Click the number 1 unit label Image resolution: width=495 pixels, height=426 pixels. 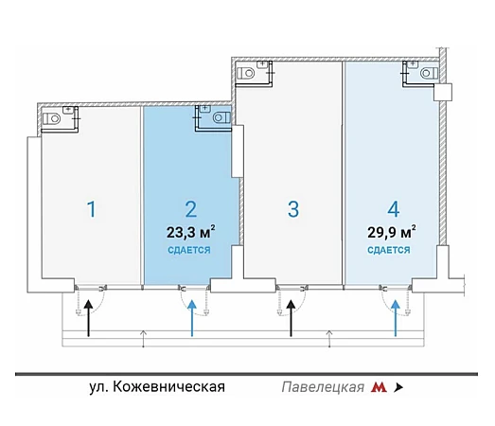click(92, 209)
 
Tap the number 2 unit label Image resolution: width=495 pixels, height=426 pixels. click(191, 209)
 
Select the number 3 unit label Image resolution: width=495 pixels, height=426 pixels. click(293, 209)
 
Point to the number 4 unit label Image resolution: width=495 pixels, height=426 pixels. click(394, 209)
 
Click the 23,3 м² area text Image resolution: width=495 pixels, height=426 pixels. click(191, 232)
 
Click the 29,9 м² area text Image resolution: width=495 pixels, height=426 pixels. click(392, 232)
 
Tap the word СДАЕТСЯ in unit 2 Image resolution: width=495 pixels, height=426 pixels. click(188, 250)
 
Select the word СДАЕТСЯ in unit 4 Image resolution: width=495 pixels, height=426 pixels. click(389, 250)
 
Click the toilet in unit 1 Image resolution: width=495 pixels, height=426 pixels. click(51, 118)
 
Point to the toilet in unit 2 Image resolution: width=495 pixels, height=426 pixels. click(221, 117)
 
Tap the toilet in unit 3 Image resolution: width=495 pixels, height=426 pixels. click(245, 73)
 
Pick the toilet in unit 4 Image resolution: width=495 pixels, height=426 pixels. click(429, 73)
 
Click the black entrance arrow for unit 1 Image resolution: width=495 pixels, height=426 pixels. click(89, 318)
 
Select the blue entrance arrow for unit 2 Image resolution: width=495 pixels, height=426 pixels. click(192, 318)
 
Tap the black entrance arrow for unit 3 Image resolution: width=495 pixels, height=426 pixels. click(292, 318)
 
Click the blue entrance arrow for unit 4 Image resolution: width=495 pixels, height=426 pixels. click(396, 318)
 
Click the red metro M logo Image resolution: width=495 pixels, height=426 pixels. click(379, 387)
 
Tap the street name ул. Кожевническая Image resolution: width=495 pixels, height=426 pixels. click(157, 387)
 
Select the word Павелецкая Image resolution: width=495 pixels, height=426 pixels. click(323, 387)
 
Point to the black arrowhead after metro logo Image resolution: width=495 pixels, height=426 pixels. click(398, 387)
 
